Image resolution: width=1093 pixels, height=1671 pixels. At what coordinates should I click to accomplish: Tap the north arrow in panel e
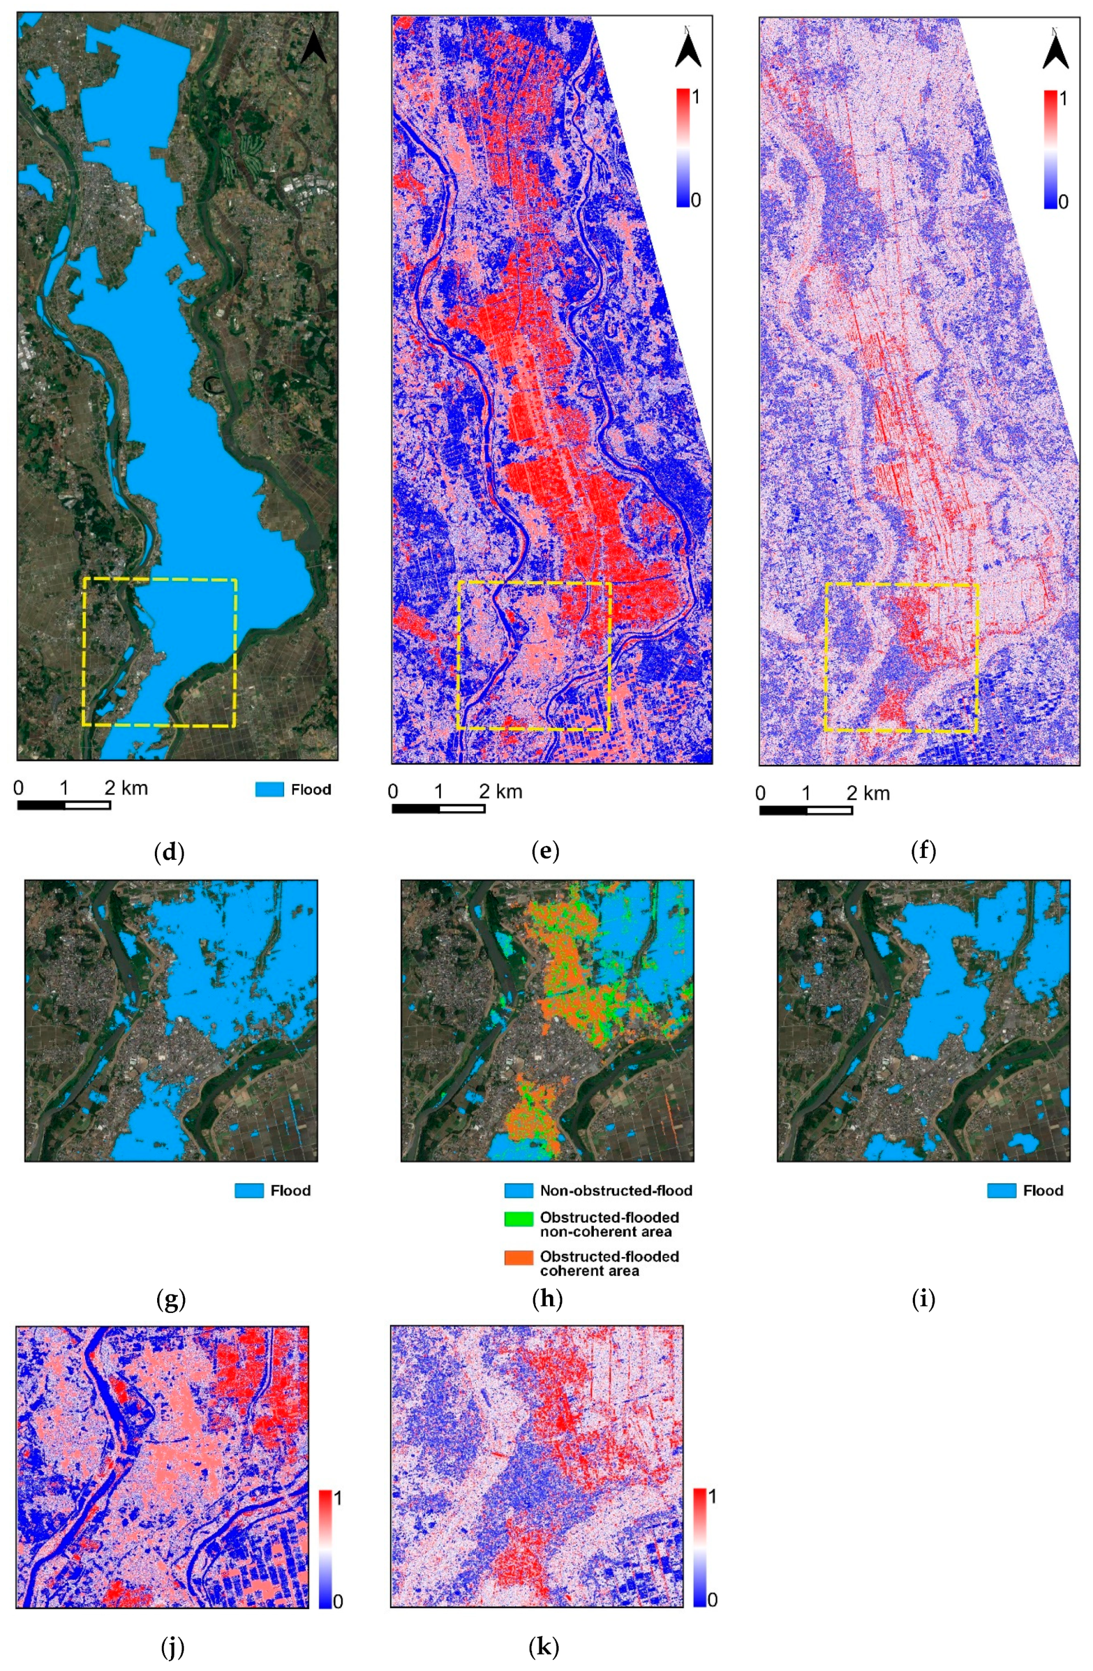[x=687, y=49]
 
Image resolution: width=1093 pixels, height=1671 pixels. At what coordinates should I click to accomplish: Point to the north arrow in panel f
[x=1055, y=49]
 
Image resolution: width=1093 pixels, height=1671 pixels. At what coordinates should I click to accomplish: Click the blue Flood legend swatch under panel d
[x=269, y=790]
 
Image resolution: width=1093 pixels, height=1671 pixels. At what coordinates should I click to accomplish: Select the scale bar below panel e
[x=438, y=809]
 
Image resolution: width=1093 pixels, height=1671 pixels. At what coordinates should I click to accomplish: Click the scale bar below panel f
[x=806, y=810]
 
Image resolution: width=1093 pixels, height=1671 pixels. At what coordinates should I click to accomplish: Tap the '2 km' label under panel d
[x=127, y=788]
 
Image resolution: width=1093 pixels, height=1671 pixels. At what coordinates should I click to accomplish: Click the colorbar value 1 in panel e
[x=696, y=97]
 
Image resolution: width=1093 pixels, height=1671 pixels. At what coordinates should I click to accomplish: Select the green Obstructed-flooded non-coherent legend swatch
[x=518, y=1219]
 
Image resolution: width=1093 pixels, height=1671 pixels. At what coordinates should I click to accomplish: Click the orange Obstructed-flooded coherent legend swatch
[x=518, y=1258]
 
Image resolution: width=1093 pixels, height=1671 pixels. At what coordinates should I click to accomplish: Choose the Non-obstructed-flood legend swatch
[x=518, y=1191]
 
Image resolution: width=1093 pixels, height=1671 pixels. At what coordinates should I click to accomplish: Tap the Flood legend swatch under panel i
[x=1001, y=1191]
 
